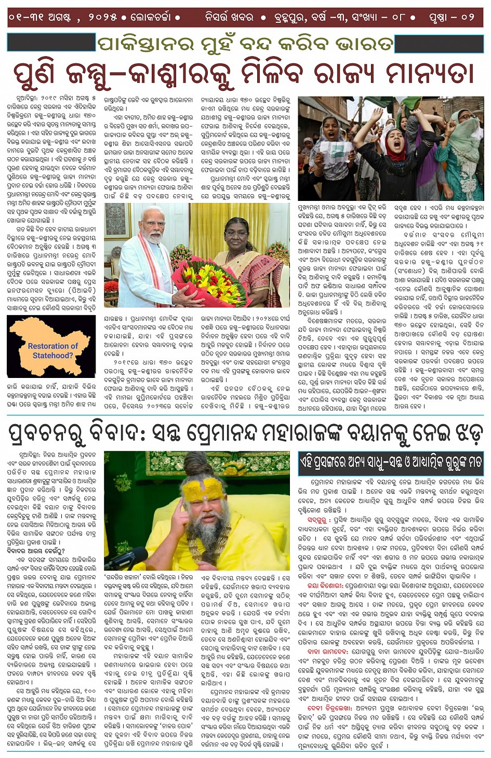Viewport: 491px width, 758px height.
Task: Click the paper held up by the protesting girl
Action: pyautogui.click(x=328, y=153)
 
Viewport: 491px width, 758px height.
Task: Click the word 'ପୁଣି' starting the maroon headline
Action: pyautogui.click(x=33, y=73)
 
